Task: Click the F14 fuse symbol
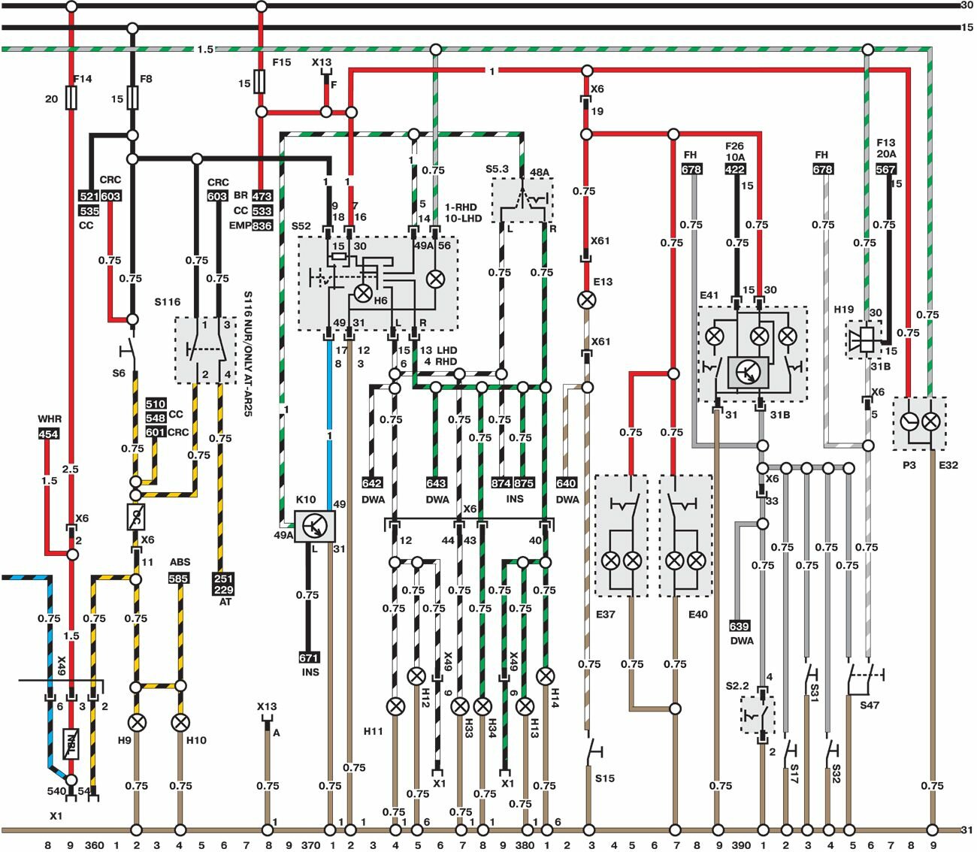[x=71, y=98]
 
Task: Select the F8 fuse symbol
[x=132, y=97]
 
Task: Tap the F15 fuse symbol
[x=260, y=81]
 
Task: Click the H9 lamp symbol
[x=137, y=723]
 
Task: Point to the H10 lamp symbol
[x=180, y=723]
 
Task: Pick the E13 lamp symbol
[x=586, y=301]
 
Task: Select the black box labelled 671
[x=309, y=657]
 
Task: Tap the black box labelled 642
[x=373, y=483]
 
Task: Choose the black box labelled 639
[x=740, y=626]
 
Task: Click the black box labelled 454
[x=49, y=434]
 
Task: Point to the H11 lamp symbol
[x=395, y=706]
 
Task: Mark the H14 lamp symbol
[x=546, y=676]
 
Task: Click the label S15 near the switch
[x=604, y=778]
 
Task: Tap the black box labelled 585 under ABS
[x=179, y=579]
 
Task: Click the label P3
[x=909, y=465]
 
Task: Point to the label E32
[x=948, y=465]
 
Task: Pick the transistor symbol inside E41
[x=749, y=371]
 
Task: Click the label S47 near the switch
[x=870, y=705]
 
